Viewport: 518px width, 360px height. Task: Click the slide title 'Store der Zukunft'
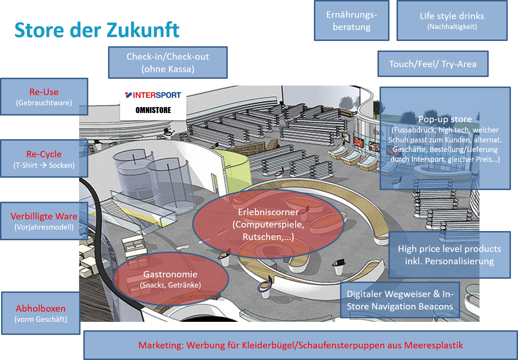(x=97, y=30)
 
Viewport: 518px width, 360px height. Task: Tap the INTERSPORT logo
(x=153, y=95)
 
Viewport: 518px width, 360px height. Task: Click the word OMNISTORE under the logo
(x=153, y=110)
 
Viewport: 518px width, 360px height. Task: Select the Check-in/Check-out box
(x=168, y=63)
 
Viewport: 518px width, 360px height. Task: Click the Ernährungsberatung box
(x=351, y=21)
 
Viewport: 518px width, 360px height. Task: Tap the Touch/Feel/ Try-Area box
(x=433, y=64)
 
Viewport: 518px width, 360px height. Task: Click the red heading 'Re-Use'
(x=44, y=92)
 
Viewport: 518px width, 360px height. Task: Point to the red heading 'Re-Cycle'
(x=44, y=154)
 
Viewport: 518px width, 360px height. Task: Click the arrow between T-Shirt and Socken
(x=43, y=165)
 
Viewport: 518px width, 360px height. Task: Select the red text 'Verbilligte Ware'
(x=44, y=216)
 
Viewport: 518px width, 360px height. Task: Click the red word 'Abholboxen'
(x=41, y=308)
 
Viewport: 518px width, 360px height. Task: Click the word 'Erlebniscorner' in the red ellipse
(x=268, y=212)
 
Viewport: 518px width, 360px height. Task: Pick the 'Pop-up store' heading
(x=445, y=119)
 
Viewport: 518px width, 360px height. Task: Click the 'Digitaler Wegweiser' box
(x=400, y=300)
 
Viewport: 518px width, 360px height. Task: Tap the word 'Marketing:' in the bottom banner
(x=161, y=345)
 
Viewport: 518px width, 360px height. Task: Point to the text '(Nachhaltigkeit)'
(x=452, y=27)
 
